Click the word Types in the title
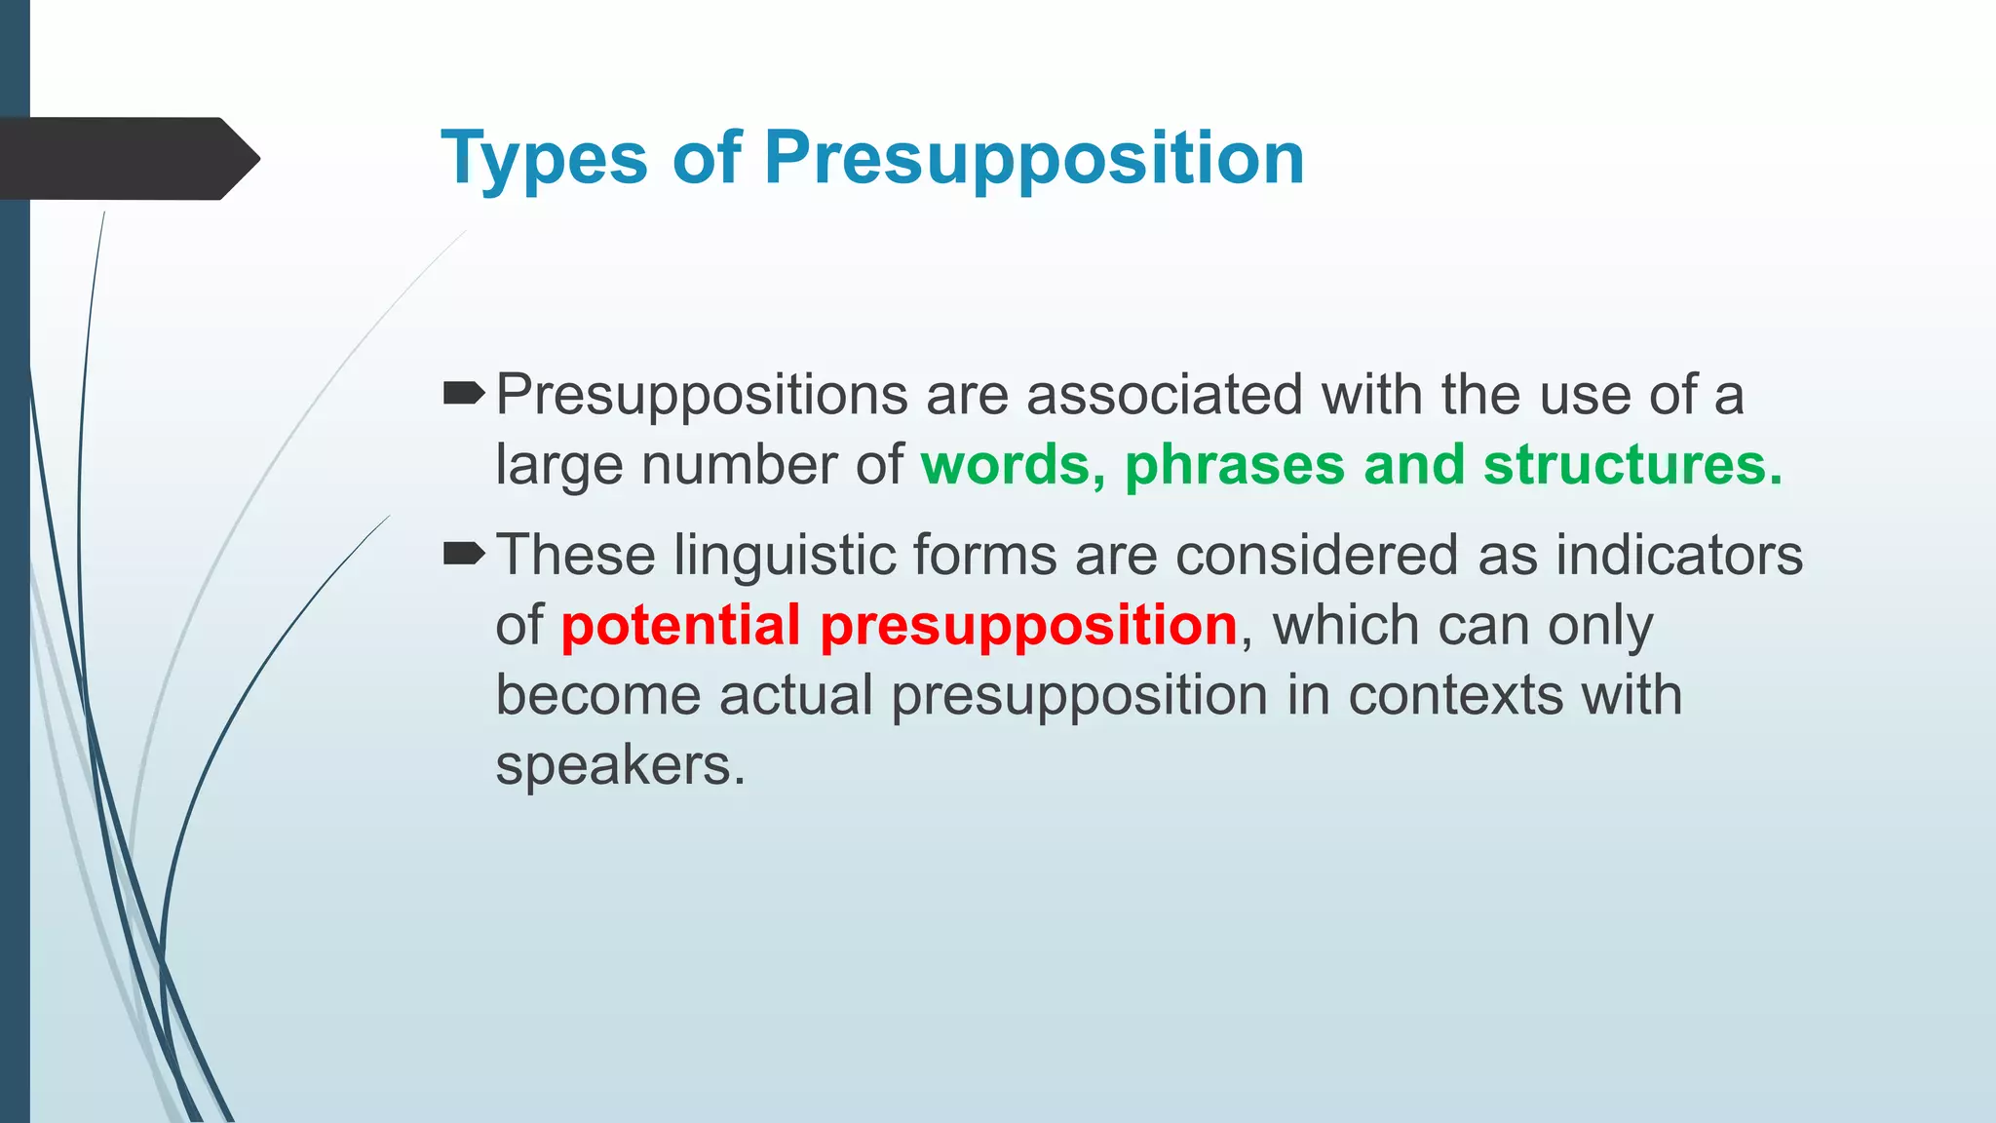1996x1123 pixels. (543, 159)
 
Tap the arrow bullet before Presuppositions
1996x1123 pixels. (463, 394)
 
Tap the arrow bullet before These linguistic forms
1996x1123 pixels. (463, 554)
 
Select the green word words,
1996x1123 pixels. (1013, 465)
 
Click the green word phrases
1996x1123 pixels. (1234, 465)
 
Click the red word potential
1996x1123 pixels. (680, 625)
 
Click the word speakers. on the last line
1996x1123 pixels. (620, 766)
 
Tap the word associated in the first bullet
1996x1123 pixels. (1164, 395)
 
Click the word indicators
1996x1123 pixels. (1678, 556)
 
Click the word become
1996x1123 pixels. (597, 696)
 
